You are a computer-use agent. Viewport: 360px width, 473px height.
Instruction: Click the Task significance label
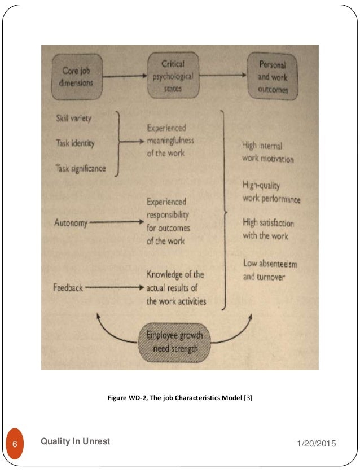point(81,168)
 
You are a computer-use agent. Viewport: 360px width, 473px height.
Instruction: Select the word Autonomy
point(71,222)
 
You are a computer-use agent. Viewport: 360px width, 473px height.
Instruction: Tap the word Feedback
point(68,287)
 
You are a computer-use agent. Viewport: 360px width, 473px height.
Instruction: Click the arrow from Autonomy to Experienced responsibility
point(116,222)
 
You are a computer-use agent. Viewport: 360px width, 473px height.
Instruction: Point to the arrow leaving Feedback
point(113,287)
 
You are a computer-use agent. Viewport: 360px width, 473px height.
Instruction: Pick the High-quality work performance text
point(271,192)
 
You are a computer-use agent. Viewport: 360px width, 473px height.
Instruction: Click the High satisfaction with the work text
point(268,229)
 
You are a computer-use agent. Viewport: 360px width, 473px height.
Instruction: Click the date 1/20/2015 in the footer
point(316,444)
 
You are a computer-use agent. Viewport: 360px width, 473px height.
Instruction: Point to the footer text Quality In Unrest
point(76,441)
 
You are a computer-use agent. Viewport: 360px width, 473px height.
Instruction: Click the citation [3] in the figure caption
point(248,398)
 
